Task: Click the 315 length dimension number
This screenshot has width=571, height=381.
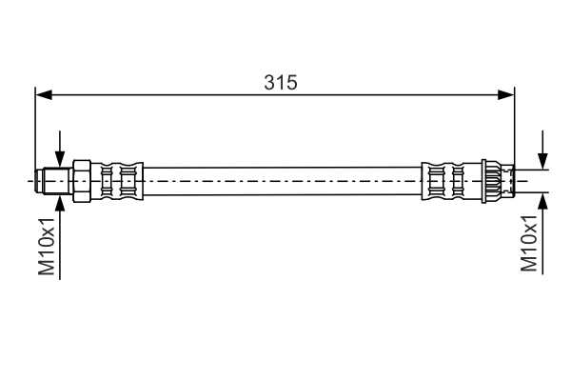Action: click(281, 83)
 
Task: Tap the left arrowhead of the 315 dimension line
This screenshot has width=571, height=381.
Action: click(44, 95)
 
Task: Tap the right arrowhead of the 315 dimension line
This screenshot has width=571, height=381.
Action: click(506, 95)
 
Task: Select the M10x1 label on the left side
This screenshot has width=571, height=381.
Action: click(47, 247)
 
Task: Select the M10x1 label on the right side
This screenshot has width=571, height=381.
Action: click(529, 244)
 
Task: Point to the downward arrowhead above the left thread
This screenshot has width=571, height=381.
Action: click(60, 160)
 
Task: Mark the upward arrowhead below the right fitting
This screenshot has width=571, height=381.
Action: click(543, 201)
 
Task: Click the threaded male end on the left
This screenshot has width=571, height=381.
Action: click(53, 181)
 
